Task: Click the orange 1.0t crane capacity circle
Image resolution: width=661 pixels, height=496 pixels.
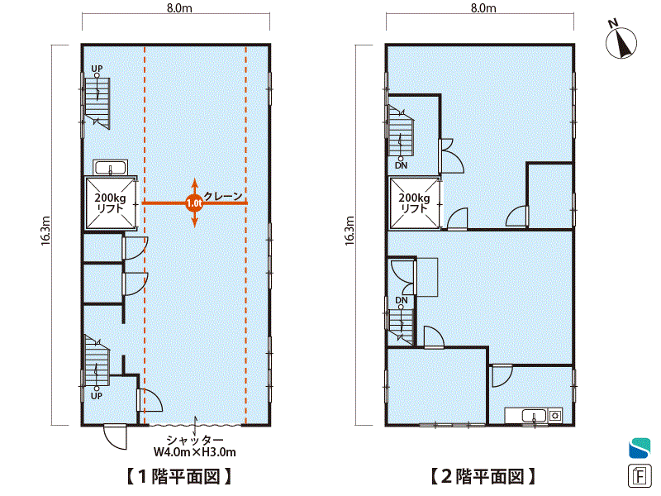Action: click(194, 203)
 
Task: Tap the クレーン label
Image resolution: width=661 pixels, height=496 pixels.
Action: click(223, 196)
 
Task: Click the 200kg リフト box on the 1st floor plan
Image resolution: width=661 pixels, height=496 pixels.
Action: click(111, 203)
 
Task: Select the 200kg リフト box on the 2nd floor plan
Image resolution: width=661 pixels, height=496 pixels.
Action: click(415, 203)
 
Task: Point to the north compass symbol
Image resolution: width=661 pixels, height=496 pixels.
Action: click(621, 41)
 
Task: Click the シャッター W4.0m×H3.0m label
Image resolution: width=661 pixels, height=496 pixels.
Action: click(195, 446)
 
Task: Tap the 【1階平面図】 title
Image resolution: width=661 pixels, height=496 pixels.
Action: click(179, 477)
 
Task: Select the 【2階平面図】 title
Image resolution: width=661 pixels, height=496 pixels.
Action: click(483, 477)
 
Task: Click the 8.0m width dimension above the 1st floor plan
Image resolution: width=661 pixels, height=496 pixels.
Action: click(179, 8)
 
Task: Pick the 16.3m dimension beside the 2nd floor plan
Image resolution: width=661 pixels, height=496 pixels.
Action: click(350, 231)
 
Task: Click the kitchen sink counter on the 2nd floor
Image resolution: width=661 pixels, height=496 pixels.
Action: click(534, 416)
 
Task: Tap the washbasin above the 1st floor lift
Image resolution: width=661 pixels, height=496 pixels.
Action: click(111, 168)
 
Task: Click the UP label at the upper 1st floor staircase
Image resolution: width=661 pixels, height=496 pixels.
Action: click(97, 69)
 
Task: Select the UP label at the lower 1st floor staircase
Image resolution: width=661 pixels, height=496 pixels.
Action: click(97, 396)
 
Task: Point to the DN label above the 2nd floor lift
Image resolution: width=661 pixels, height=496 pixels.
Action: click(402, 166)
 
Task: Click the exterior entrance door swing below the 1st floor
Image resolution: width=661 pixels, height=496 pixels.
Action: click(115, 437)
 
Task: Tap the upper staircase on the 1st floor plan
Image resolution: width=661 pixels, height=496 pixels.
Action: click(97, 103)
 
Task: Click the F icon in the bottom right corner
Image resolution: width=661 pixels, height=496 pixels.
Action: click(640, 476)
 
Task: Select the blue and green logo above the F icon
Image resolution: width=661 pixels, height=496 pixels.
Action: click(640, 447)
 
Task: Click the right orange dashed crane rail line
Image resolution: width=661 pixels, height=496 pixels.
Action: click(246, 234)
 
